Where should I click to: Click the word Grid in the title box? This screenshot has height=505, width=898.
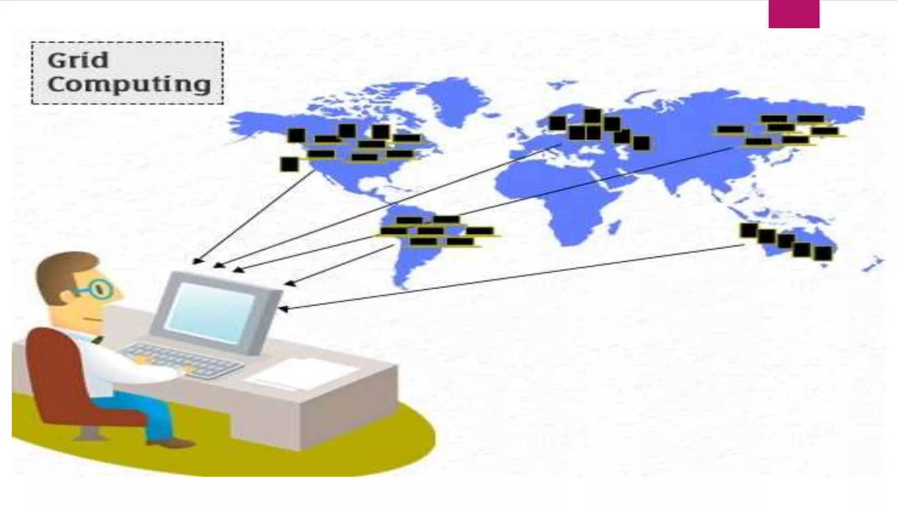[x=78, y=60]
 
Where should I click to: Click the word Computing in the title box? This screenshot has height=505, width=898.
[x=129, y=84]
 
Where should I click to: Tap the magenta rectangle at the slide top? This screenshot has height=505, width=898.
[x=794, y=14]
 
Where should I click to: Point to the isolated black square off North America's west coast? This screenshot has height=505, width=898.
[x=289, y=164]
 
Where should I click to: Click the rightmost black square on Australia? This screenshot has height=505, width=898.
[x=823, y=253]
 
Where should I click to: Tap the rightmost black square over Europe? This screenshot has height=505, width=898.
[x=641, y=143]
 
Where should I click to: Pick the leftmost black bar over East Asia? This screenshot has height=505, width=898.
[x=730, y=129]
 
